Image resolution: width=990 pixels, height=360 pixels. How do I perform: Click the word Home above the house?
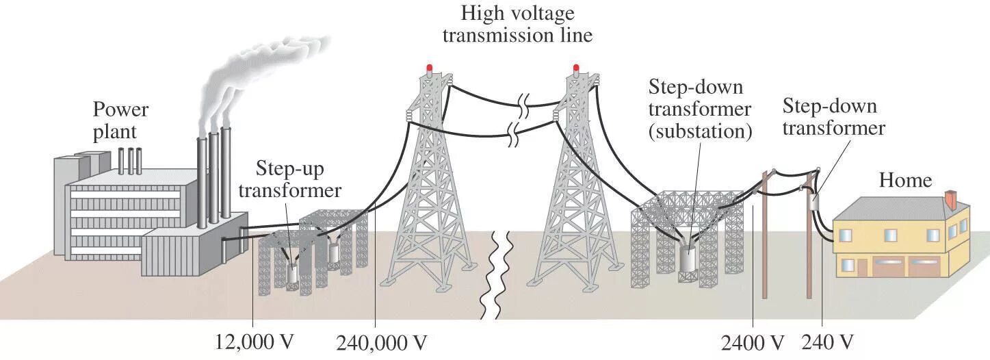(x=905, y=180)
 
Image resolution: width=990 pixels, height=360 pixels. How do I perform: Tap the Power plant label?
(x=120, y=120)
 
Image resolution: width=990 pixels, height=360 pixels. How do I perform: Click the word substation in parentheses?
(x=700, y=131)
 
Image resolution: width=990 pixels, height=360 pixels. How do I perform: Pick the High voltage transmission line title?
(x=517, y=24)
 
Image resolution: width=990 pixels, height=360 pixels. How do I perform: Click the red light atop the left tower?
(x=430, y=68)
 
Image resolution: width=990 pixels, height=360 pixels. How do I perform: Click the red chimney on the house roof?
(x=950, y=201)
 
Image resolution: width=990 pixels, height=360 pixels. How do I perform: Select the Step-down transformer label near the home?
(x=833, y=117)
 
